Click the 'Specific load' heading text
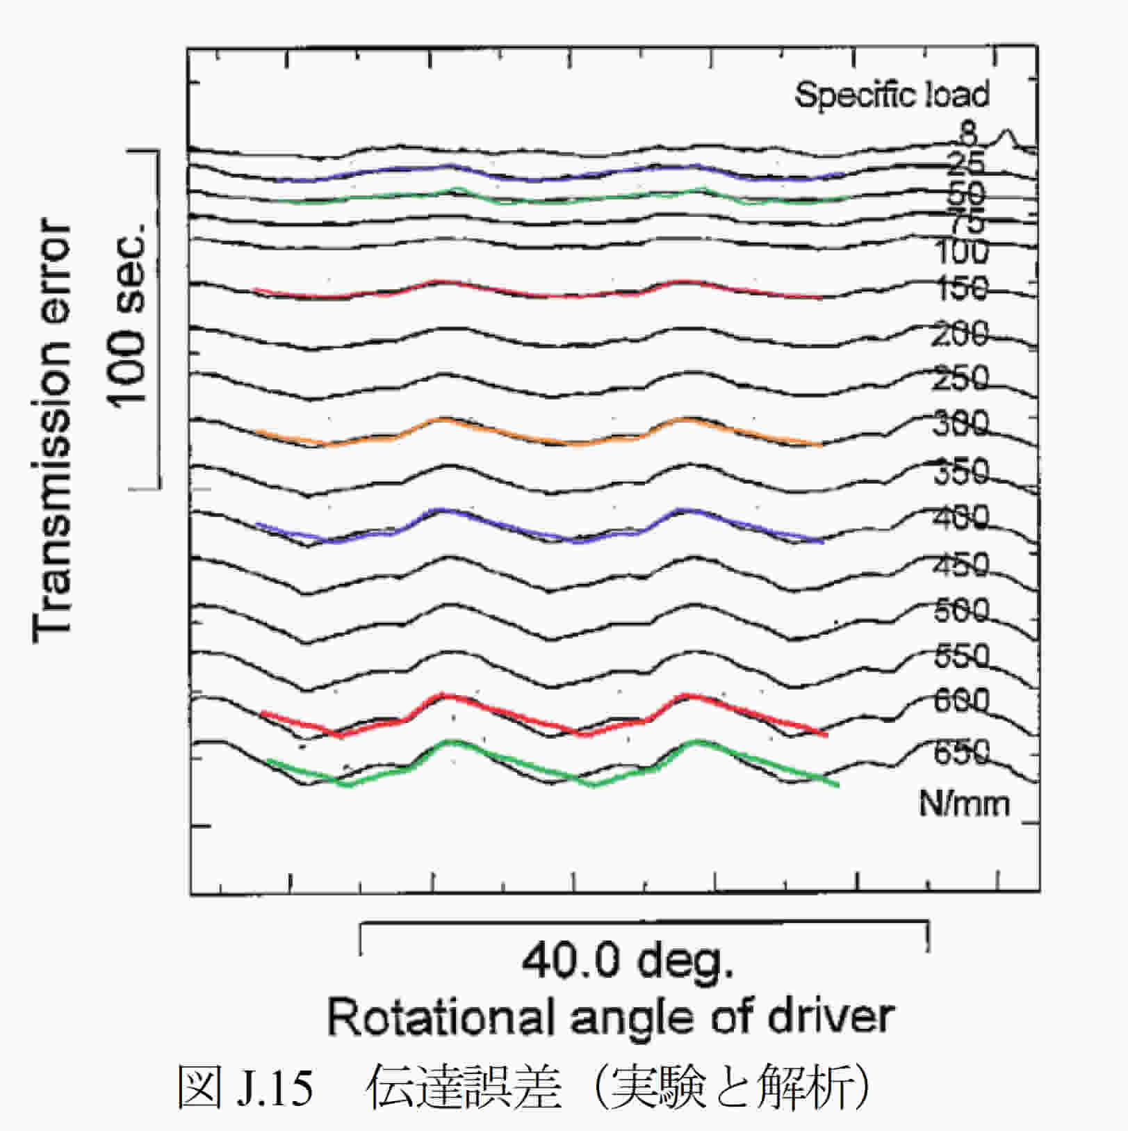point(892,95)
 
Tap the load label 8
point(967,132)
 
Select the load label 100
point(961,252)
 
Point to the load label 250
point(960,379)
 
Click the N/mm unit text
point(963,804)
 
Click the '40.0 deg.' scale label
point(627,962)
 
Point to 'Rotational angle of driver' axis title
point(610,1016)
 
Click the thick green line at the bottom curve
point(500,755)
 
